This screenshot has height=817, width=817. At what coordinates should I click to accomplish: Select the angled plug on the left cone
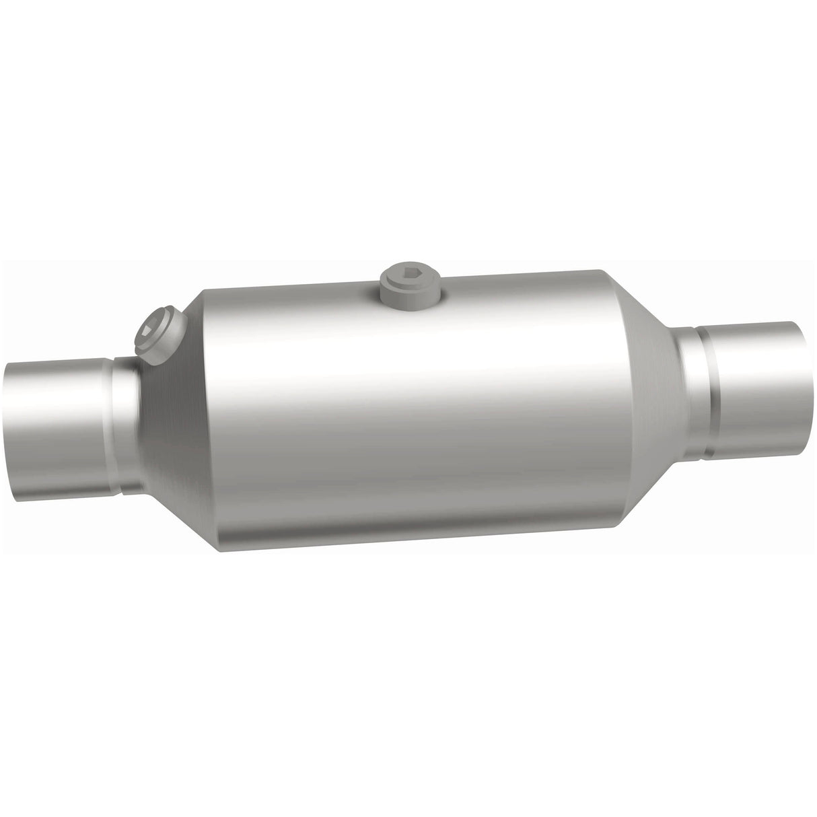click(x=162, y=334)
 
